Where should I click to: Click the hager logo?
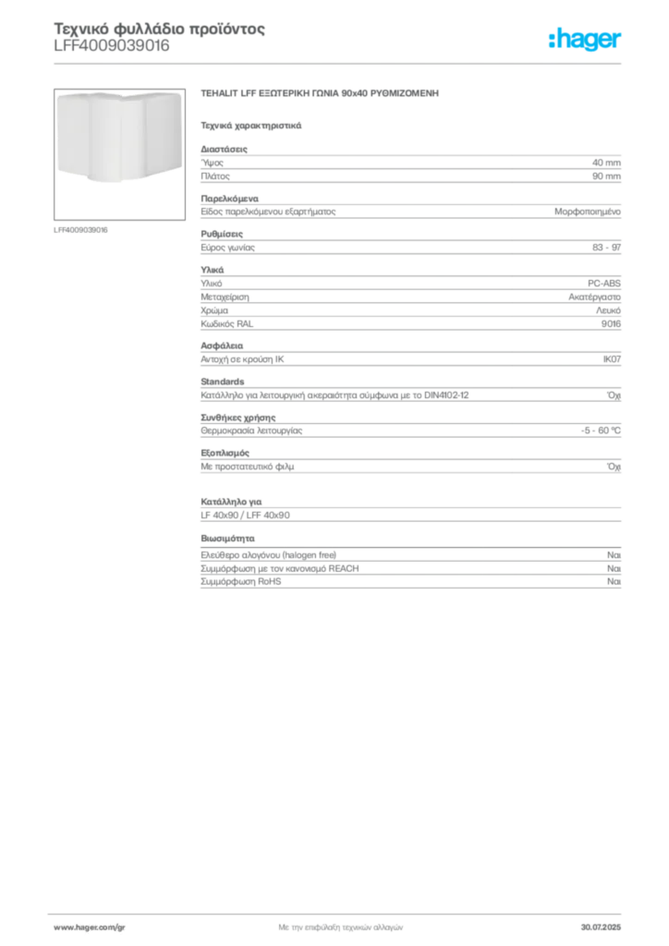point(585,40)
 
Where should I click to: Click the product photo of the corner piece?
point(119,154)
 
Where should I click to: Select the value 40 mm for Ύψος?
point(606,163)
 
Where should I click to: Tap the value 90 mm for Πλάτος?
point(606,176)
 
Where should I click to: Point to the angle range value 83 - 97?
point(606,248)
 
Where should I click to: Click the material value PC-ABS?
point(603,283)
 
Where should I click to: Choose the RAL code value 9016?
point(611,324)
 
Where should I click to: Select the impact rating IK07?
point(612,359)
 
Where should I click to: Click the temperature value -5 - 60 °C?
point(601,431)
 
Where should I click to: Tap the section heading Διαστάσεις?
point(224,149)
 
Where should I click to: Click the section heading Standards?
point(223,382)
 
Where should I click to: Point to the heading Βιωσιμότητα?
point(227,539)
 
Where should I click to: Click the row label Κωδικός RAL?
point(226,324)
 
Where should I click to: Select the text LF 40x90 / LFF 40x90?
point(245,515)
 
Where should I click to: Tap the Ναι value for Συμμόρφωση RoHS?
point(614,582)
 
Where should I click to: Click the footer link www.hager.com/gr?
point(90,928)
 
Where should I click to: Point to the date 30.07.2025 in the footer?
point(601,928)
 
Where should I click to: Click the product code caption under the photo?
point(80,230)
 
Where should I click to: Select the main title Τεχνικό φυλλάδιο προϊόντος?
point(159,29)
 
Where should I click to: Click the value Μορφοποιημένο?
point(588,212)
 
